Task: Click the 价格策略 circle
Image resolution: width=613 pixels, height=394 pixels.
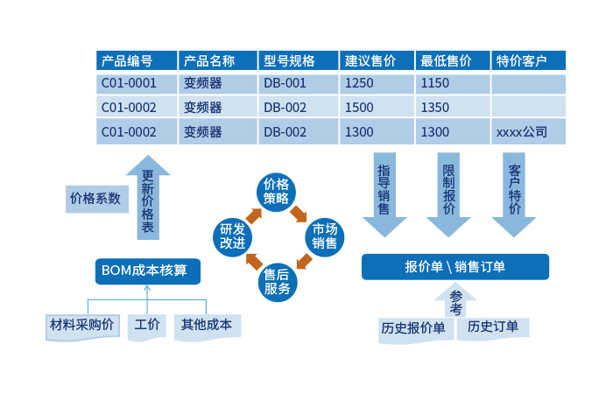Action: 276,191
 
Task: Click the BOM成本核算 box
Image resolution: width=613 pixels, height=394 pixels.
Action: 147,271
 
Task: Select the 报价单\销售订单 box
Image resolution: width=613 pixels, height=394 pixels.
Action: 455,267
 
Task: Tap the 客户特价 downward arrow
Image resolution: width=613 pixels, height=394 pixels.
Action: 514,196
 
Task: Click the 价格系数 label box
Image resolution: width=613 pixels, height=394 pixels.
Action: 95,199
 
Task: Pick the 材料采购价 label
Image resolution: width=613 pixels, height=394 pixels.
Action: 81,325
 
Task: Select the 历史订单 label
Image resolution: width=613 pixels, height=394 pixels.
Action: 492,327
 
